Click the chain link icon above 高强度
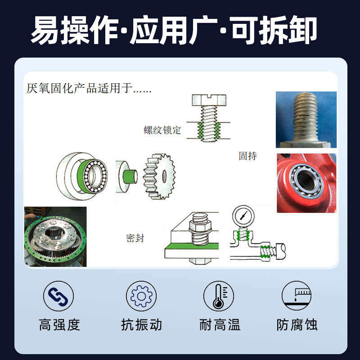pos(58,296)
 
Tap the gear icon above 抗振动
pos(141,296)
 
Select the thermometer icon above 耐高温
pos(219,296)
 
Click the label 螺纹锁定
pos(162,130)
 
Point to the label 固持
pos(248,156)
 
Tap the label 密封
pos(135,238)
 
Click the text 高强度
pos(59,324)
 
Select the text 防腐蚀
pos(297,324)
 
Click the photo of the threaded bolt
pos(306,120)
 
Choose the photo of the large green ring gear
pos(55,237)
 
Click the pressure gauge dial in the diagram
pos(243,216)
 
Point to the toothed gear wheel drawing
pos(159,176)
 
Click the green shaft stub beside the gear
pos(130,176)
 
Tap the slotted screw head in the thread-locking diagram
pos(209,100)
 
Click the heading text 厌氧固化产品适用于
pos(79,88)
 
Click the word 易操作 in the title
pos(74,30)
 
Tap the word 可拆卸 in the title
pos(274,30)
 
